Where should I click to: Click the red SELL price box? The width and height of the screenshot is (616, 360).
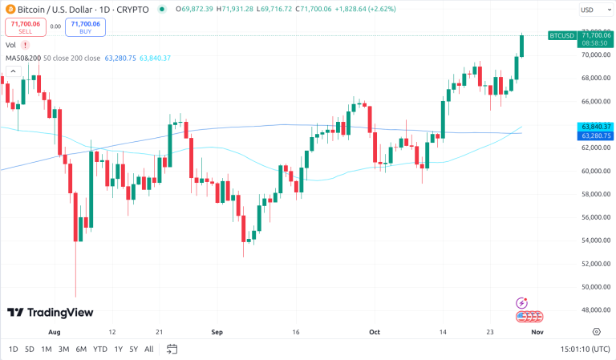[24, 26]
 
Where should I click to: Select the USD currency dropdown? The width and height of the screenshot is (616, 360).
[592, 10]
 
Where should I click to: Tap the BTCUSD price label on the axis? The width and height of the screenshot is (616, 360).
[561, 35]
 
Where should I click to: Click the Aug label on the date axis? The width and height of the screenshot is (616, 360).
[55, 330]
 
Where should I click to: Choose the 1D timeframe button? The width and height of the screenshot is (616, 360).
[13, 349]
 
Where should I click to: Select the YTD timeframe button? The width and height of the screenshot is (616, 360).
[100, 349]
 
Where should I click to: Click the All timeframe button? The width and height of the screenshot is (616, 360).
[149, 349]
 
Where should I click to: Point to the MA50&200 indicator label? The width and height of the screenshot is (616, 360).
[22, 58]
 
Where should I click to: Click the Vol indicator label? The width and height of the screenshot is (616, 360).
[10, 46]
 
